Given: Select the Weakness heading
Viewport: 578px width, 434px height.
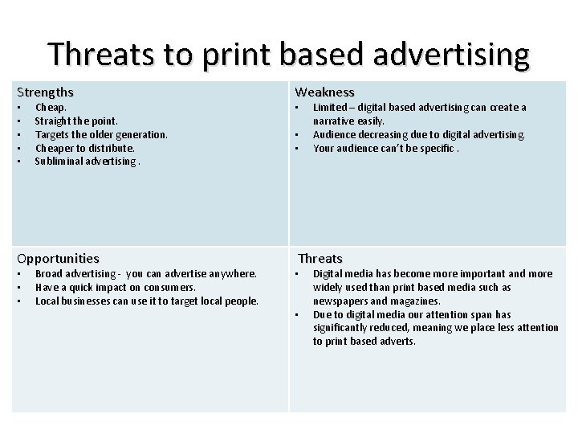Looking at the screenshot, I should (x=324, y=92).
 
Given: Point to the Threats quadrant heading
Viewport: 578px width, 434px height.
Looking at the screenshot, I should (x=320, y=259).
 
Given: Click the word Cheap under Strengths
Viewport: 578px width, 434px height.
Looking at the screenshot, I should (x=50, y=107).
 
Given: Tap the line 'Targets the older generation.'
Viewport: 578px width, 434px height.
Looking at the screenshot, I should (x=101, y=134).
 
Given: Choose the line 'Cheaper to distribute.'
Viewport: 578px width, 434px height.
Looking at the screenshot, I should (x=85, y=148).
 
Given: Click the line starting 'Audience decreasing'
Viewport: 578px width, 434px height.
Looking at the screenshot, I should (x=418, y=134).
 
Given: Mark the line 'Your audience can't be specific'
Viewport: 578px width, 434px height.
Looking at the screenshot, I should (x=385, y=148).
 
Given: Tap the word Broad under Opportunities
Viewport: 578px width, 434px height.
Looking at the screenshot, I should (x=50, y=274).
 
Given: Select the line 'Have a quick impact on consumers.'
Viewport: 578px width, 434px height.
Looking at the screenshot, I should (x=116, y=288).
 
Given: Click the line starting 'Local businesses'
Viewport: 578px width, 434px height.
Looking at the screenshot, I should (x=147, y=301).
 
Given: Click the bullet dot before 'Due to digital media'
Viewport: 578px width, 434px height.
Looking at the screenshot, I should (x=295, y=315).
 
